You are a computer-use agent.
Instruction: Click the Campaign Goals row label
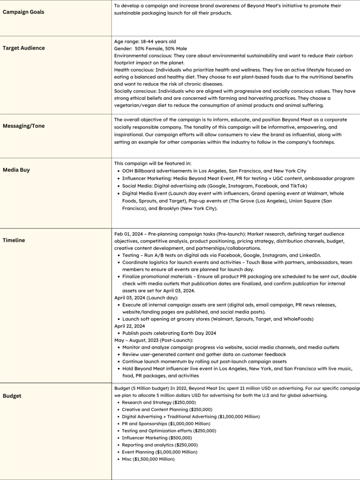(23, 12)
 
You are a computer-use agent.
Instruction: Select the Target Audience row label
(24, 48)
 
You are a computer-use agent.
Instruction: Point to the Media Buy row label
(16, 170)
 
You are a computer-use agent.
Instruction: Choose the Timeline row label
(14, 240)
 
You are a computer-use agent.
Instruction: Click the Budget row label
(12, 396)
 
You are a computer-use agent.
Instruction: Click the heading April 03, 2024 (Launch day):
(145, 298)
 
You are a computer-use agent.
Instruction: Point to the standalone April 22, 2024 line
(130, 326)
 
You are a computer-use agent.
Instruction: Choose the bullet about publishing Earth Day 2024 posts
(169, 333)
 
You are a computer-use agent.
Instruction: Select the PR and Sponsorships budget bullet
(161, 423)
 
